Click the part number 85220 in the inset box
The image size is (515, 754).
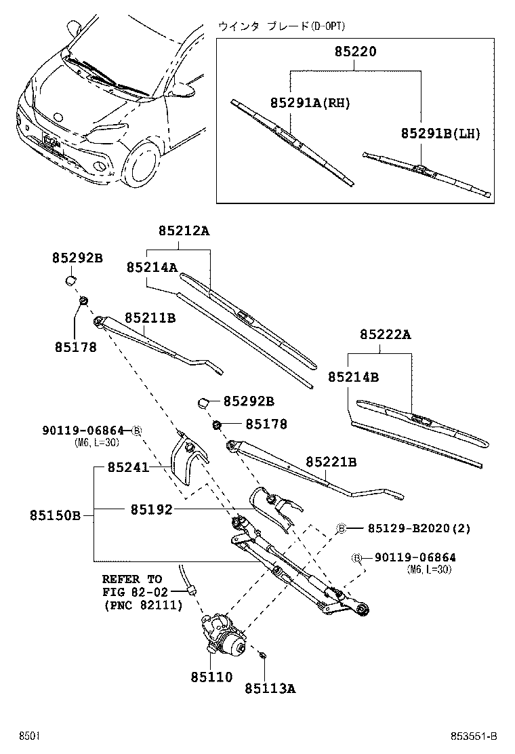point(355,52)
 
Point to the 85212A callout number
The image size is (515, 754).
point(184,231)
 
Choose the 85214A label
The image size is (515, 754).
point(152,267)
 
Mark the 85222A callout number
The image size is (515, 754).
point(386,334)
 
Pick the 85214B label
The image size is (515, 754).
point(353,376)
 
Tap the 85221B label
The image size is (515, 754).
point(331,462)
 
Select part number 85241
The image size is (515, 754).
point(129,467)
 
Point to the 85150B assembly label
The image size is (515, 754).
point(55,515)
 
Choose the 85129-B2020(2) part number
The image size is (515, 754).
point(419,528)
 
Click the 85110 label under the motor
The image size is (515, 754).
point(211,676)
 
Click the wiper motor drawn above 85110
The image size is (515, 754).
point(225,636)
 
